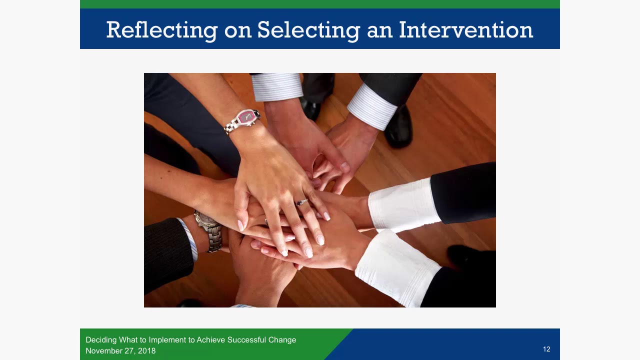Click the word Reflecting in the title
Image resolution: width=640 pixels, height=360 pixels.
161,30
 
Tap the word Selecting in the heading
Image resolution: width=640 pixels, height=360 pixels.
308,30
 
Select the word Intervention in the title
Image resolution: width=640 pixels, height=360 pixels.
465,30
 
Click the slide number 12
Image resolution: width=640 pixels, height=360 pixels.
546,349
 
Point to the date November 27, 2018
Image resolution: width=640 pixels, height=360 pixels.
120,351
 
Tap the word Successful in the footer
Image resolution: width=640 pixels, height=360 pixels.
247,340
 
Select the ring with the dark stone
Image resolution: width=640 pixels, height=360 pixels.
301,202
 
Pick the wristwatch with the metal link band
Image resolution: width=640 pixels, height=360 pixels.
210,230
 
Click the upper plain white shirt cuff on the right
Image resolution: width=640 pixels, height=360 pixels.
404,204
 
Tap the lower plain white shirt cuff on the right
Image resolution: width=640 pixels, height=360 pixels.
397,267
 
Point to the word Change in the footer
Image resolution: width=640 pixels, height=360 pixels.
282,340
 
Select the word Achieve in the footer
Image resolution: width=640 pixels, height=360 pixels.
210,340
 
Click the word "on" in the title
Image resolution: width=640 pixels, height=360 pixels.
237,30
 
